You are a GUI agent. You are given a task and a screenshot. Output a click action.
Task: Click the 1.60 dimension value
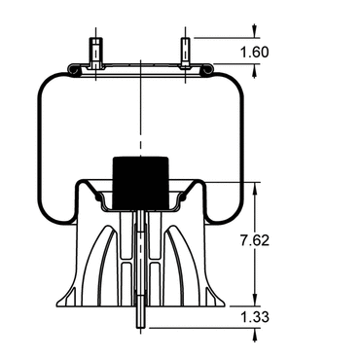[x=254, y=52]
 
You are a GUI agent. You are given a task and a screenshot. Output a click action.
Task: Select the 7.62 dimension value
[x=255, y=240]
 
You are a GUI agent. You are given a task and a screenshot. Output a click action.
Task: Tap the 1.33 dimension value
[x=255, y=317]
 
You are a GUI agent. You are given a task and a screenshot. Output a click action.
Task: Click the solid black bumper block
[x=140, y=183]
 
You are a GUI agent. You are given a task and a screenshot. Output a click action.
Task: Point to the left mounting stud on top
[x=96, y=53]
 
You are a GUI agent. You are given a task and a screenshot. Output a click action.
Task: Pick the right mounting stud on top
[x=185, y=53]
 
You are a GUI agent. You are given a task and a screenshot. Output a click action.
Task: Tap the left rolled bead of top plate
[x=73, y=70]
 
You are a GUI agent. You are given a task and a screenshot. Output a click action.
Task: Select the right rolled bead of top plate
[x=207, y=70]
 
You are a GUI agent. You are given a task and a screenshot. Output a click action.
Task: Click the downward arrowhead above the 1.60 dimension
[x=255, y=31]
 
